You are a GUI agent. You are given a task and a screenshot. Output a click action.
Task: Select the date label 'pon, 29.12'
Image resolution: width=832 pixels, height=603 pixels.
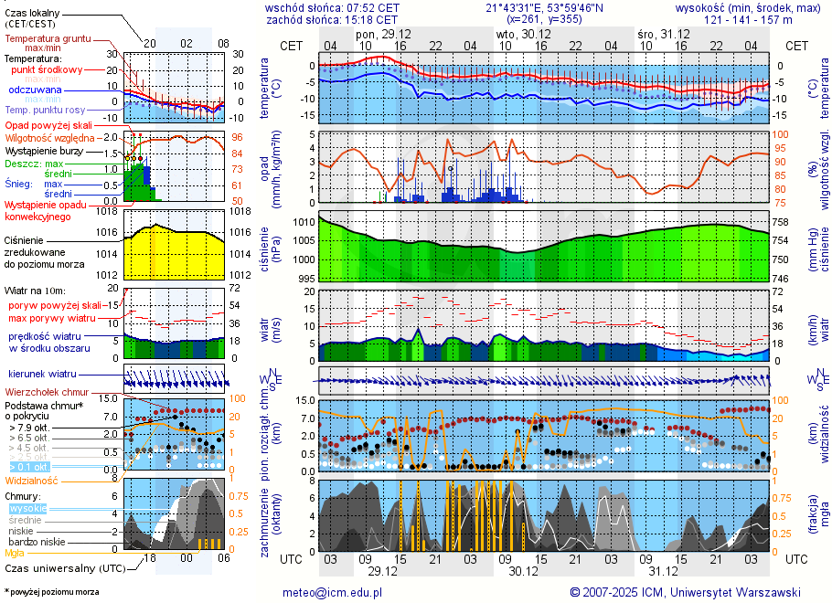pos(383,34)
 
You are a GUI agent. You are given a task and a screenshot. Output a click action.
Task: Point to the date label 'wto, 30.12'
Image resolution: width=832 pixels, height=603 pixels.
pos(517,34)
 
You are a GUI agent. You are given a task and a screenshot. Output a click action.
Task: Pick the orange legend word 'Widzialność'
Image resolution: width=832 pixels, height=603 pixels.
pos(31,480)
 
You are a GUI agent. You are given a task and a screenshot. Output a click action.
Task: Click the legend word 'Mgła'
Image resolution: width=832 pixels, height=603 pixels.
pos(15,553)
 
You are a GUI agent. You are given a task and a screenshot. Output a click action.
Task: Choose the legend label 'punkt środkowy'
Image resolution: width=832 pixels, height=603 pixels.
pos(48,69)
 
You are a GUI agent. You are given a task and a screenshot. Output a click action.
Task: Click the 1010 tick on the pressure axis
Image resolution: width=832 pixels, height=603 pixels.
pos(304,222)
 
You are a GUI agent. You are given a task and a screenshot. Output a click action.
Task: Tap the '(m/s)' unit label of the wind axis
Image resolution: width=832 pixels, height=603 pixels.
pos(276,334)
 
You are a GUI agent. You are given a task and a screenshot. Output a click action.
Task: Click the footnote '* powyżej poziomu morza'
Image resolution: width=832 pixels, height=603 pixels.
pos(51,592)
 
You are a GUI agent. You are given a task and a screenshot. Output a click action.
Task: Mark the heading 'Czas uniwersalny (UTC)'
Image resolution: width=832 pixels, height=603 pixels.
pos(64,567)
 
